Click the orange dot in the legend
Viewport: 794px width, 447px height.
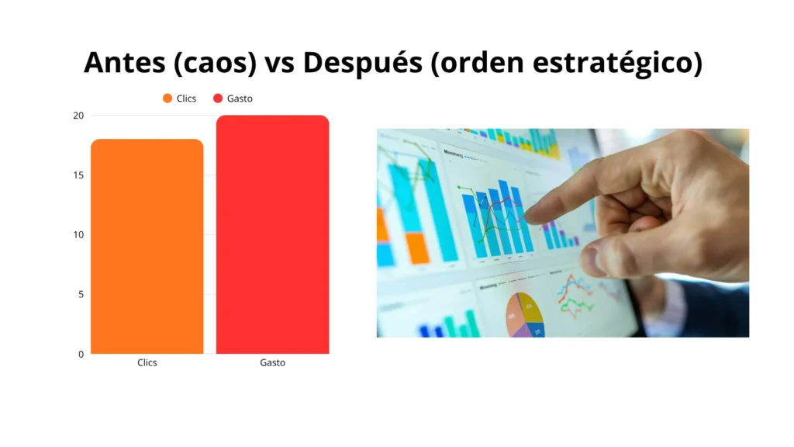(x=167, y=99)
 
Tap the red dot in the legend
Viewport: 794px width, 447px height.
(x=218, y=99)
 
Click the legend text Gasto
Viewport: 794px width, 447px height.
(x=240, y=99)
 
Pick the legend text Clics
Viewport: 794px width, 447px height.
(x=187, y=99)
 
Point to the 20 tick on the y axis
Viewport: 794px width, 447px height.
(x=78, y=116)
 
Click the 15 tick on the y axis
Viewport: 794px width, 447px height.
(x=78, y=175)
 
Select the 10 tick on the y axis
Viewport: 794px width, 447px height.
(x=78, y=234)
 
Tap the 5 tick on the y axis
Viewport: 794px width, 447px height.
(x=80, y=294)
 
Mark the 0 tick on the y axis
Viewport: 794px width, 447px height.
(x=80, y=354)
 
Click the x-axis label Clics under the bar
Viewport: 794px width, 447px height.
(x=147, y=362)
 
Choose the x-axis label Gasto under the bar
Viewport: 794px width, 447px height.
(x=272, y=362)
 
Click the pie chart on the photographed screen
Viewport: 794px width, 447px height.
(x=525, y=314)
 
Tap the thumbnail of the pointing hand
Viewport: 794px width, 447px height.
(x=563, y=233)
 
